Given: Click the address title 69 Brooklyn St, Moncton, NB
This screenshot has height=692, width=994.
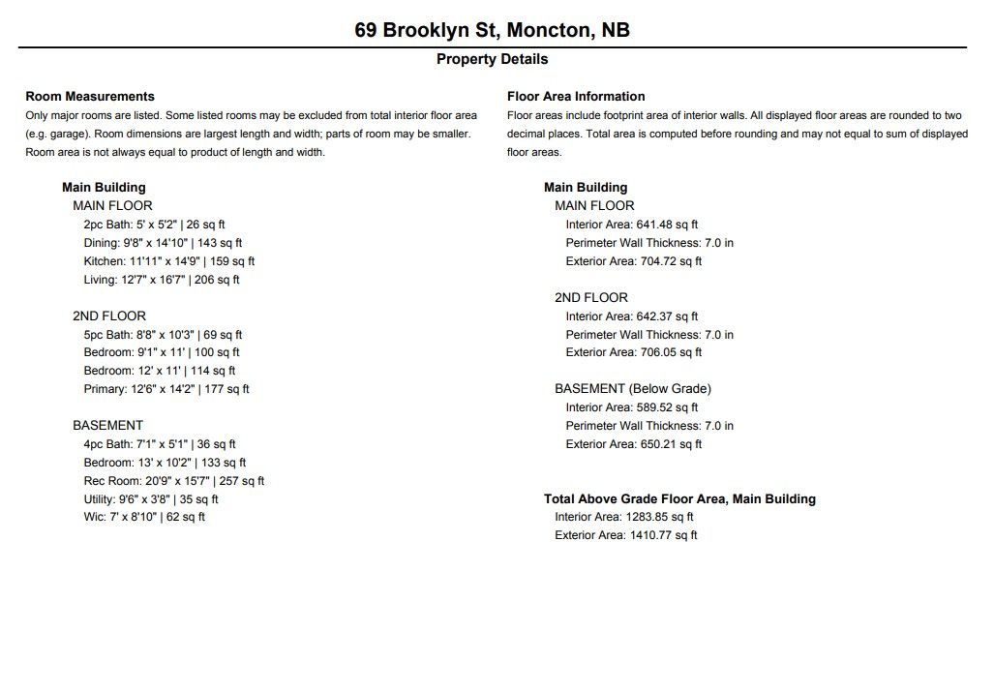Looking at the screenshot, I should [x=492, y=30].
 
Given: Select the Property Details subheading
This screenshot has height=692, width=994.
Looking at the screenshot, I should [x=492, y=59].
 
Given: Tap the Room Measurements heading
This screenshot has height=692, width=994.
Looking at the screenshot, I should [x=90, y=97].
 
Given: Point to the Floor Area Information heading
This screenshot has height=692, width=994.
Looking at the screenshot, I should [x=576, y=97].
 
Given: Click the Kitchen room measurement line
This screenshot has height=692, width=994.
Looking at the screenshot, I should [x=169, y=261].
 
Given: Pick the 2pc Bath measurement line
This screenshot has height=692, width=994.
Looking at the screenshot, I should [x=155, y=225].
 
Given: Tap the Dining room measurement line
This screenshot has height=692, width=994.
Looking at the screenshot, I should [x=163, y=243].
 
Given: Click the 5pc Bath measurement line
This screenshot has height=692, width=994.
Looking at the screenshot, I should [x=163, y=335].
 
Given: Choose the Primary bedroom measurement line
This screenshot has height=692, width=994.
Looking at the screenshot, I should [x=166, y=389].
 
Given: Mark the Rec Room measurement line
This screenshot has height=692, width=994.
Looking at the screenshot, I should [x=174, y=481].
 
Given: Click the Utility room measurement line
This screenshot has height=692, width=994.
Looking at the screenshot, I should [x=151, y=499].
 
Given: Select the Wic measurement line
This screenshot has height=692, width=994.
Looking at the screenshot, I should [x=144, y=517].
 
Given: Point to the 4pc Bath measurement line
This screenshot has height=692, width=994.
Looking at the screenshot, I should [x=160, y=444].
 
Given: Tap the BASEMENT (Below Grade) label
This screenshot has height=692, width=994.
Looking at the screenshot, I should [x=633, y=389].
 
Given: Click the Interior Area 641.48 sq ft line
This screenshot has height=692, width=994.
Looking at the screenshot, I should [x=632, y=225].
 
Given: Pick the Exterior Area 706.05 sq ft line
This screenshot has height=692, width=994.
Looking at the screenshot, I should [x=634, y=352].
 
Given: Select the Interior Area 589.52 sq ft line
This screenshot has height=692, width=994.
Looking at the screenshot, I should [x=632, y=407].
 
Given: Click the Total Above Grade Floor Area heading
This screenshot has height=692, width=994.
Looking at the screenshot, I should [x=679, y=499].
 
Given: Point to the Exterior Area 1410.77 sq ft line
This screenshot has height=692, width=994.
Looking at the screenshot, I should [x=625, y=535].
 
